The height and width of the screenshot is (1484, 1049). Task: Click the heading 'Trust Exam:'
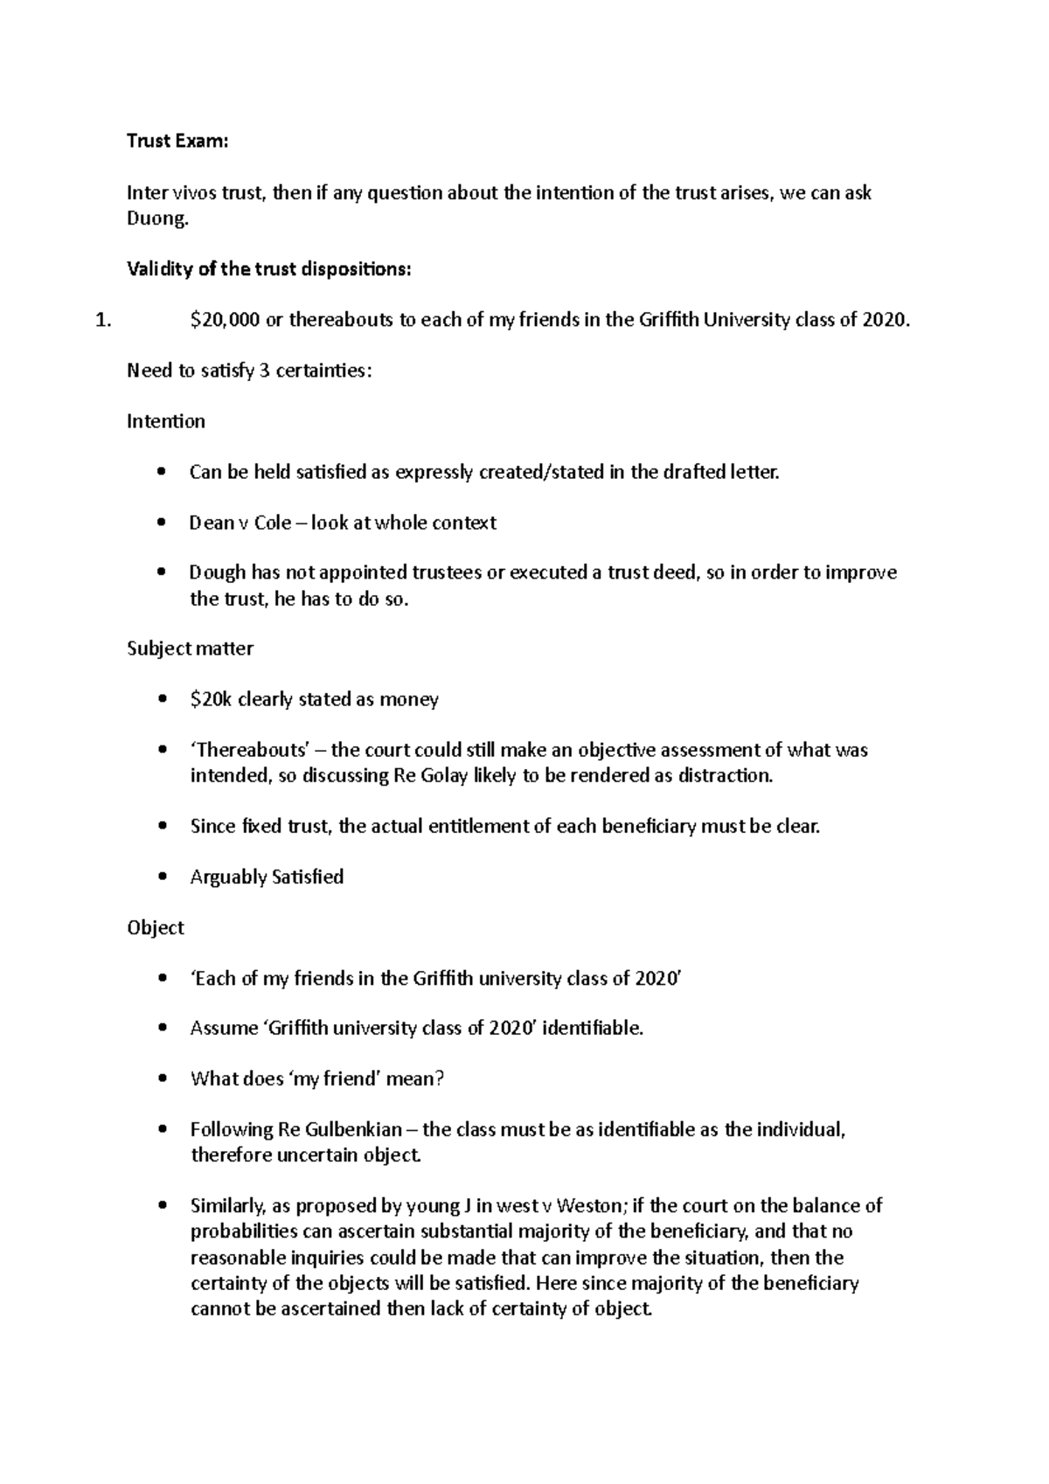pos(177,142)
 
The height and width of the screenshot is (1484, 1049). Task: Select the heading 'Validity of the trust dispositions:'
pos(268,269)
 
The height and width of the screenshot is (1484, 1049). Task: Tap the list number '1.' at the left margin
pos(103,320)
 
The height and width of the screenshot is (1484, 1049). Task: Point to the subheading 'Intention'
pos(166,421)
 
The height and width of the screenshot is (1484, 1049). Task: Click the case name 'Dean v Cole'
pos(240,523)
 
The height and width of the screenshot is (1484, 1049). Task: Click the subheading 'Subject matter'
pos(191,648)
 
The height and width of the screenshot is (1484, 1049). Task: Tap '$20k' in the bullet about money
pos(211,699)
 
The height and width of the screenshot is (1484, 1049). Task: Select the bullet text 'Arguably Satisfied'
pos(267,877)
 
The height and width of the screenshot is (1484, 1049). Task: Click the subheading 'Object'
pos(156,927)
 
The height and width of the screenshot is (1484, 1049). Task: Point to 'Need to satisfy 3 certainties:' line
pos(249,371)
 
